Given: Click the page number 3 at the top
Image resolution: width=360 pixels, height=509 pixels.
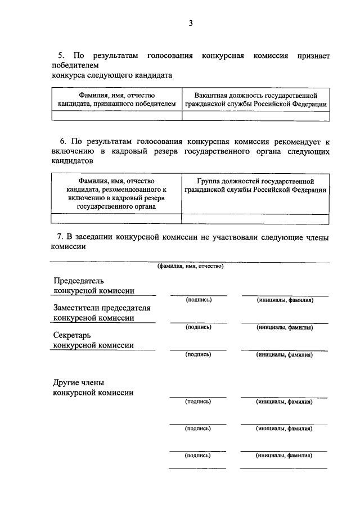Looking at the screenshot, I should (191, 23).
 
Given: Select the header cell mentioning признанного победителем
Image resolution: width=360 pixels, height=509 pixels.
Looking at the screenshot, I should (116, 100).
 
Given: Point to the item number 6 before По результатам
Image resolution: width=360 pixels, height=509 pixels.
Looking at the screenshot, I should (63, 142).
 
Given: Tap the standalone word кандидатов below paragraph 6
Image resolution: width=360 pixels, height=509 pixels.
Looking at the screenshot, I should (71, 160).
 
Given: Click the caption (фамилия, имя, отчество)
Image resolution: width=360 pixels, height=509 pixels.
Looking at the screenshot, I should (190, 266).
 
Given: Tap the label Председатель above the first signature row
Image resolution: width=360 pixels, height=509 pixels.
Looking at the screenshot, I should (78, 281).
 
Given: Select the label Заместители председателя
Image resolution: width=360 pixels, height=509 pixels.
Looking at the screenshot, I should (102, 308).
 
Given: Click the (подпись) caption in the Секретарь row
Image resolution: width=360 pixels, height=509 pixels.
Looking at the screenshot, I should (198, 354).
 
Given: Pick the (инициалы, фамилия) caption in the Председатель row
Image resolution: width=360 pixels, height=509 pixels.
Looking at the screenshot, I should (285, 300).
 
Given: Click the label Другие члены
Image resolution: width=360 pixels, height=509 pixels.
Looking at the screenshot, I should (79, 382).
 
